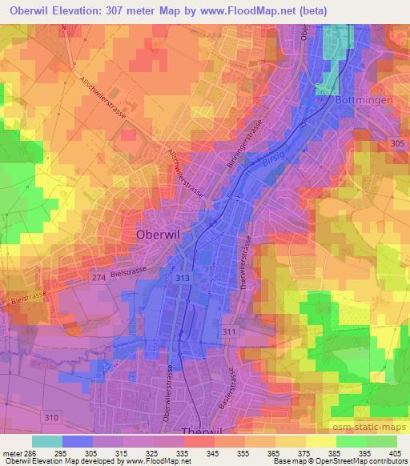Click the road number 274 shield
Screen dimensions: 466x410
coord(97,276)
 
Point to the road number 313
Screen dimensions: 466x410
coord(183,276)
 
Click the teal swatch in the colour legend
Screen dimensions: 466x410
coord(47,441)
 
